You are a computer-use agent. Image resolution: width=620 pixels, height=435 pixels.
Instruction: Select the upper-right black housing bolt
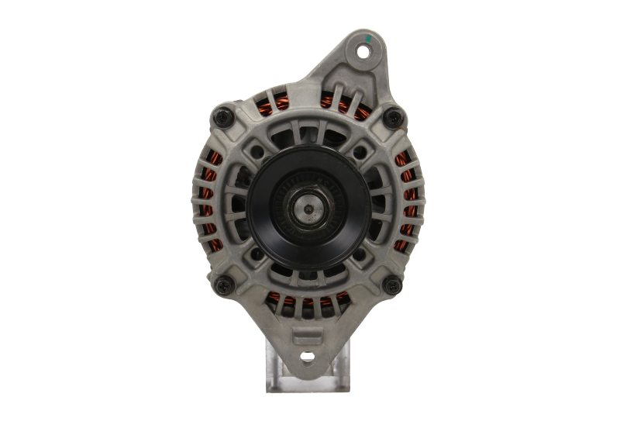coord(393,117)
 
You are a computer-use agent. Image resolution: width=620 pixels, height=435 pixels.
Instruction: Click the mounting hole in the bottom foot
coord(308,357)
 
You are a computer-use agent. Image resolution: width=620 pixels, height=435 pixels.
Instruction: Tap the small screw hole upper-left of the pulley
coord(253,154)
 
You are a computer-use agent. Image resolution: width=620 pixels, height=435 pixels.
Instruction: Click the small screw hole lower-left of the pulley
coord(255,254)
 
